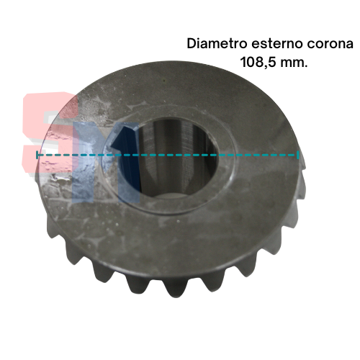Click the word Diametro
click(217, 44)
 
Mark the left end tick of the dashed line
click(37, 155)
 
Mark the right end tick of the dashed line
click(298, 155)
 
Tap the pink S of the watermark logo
click(49, 132)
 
